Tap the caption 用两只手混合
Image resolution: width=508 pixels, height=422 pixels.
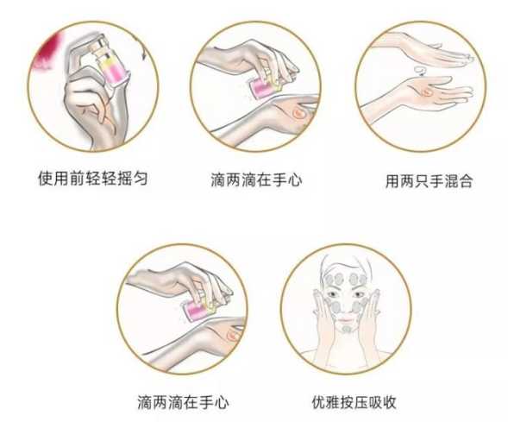coord(430,181)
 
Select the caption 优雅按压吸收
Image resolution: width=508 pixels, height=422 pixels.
coord(354,402)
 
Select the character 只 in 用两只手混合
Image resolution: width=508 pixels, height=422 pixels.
coord(422,181)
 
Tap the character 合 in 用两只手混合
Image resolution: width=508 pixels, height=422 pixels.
coord(466,181)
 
